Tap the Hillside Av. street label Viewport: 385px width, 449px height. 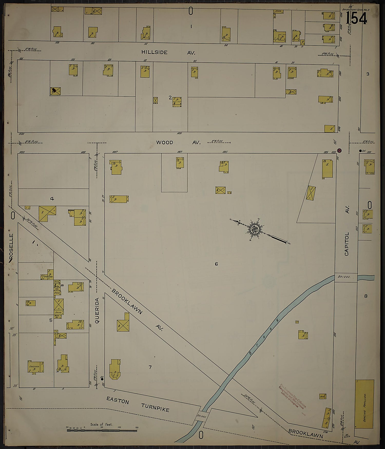(168, 52)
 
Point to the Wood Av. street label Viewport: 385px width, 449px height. (178, 142)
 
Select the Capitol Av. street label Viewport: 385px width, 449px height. (347, 231)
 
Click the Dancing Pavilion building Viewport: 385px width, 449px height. (364, 407)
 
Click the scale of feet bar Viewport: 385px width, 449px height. (102, 430)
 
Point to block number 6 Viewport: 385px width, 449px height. (216, 264)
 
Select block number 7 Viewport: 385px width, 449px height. (150, 367)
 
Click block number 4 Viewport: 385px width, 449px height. (52, 199)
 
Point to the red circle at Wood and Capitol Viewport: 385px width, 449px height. (339, 150)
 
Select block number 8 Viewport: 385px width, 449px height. (366, 296)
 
